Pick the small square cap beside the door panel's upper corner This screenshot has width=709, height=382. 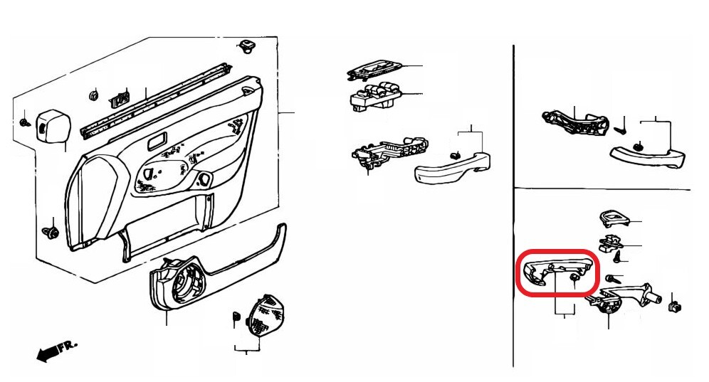52,124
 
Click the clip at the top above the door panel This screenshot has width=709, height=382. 246,46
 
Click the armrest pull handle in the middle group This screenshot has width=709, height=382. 452,168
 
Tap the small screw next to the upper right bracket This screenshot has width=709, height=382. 621,129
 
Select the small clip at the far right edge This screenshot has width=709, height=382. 675,307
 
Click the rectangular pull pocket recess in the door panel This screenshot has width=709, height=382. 157,141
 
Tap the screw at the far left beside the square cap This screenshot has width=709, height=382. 25,122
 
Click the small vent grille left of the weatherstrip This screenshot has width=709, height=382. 120,100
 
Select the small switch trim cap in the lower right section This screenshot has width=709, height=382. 615,219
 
